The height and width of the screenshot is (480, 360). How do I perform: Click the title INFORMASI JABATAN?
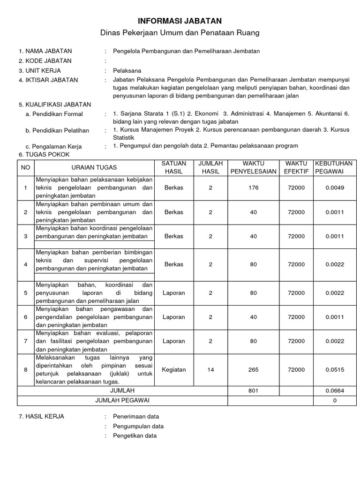click(x=180, y=21)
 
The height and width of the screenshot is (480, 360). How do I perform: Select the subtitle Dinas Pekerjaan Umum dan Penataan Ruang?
click(x=180, y=33)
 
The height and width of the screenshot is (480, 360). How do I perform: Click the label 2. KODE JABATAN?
click(x=45, y=61)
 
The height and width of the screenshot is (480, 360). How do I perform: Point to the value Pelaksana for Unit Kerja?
click(x=127, y=71)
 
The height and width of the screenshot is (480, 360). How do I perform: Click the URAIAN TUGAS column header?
click(x=94, y=167)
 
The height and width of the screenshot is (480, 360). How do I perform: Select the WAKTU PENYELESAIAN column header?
click(x=253, y=167)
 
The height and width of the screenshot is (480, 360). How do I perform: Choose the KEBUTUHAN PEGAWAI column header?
click(x=334, y=167)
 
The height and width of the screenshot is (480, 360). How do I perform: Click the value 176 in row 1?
click(x=253, y=188)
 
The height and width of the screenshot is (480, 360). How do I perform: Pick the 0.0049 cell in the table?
click(x=334, y=188)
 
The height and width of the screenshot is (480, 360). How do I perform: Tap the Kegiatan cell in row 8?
click(x=174, y=370)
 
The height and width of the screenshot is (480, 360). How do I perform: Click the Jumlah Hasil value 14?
click(x=210, y=370)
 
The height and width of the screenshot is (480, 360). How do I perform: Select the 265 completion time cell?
click(x=253, y=370)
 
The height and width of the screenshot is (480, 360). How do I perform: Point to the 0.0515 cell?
click(x=334, y=370)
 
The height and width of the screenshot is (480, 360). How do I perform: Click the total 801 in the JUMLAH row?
click(x=253, y=390)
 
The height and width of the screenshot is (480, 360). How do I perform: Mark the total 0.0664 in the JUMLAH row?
click(x=334, y=390)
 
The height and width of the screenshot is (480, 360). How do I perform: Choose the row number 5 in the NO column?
click(x=25, y=293)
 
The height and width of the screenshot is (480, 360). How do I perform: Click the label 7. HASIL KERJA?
click(x=41, y=416)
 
